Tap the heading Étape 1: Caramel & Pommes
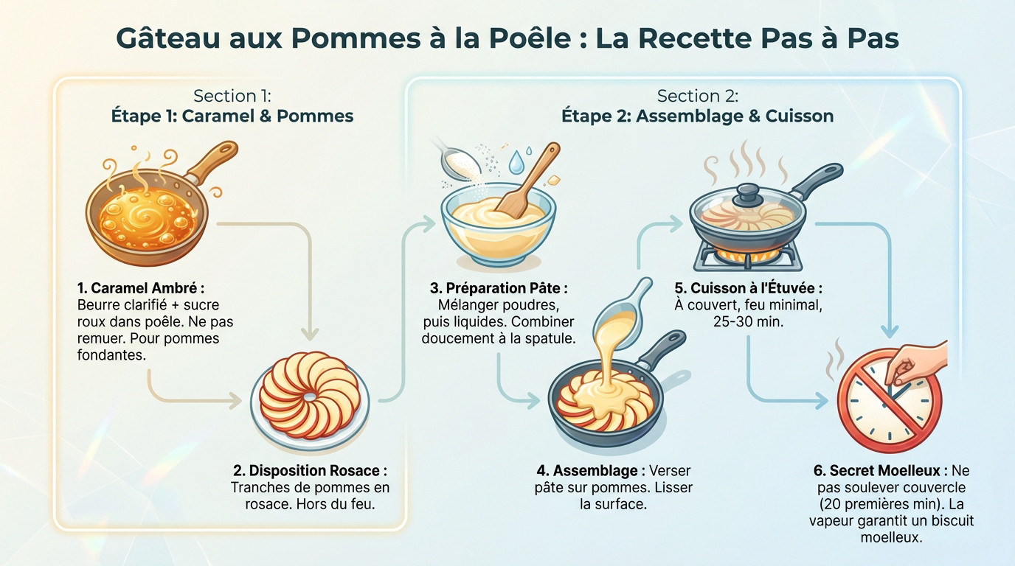(232, 116)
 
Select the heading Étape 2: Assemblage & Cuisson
(697, 116)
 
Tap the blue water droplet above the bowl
(517, 161)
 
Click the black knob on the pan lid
(746, 194)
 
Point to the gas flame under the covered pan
(746, 255)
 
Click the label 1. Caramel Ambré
(140, 288)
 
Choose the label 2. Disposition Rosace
(310, 471)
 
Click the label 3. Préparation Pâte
(499, 288)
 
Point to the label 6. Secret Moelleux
(881, 471)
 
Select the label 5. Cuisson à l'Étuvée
(748, 288)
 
